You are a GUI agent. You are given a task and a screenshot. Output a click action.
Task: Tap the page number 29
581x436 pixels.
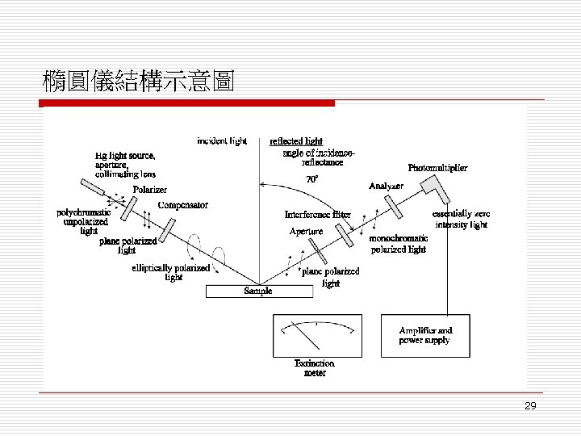[530, 406]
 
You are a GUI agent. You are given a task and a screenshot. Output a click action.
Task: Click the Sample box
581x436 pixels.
[258, 291]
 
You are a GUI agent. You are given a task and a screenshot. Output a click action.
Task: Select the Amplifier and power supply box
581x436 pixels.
[425, 336]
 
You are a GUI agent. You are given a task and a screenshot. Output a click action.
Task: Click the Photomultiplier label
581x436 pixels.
[437, 168]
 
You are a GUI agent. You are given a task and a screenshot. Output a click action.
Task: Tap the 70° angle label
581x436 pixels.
[311, 178]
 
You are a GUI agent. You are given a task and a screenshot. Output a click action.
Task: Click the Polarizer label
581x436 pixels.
[150, 190]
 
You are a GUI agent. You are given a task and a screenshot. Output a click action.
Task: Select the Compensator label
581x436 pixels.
[183, 205]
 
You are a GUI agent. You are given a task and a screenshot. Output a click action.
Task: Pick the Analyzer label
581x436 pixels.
[386, 187]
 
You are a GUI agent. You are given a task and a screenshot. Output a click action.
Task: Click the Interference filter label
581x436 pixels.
[317, 215]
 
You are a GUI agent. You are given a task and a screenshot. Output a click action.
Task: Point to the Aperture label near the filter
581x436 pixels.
[306, 232]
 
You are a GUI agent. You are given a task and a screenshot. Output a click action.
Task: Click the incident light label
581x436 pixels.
[222, 140]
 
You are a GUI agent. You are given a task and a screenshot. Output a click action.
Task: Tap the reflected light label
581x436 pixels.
[296, 141]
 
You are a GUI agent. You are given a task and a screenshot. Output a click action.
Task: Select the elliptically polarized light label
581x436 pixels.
[170, 273]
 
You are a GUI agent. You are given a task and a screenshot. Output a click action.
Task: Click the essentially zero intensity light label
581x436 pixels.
[461, 219]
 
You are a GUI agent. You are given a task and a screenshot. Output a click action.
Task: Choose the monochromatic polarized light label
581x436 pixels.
[398, 245]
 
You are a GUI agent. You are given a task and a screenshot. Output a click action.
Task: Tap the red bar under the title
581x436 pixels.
[188, 103]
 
